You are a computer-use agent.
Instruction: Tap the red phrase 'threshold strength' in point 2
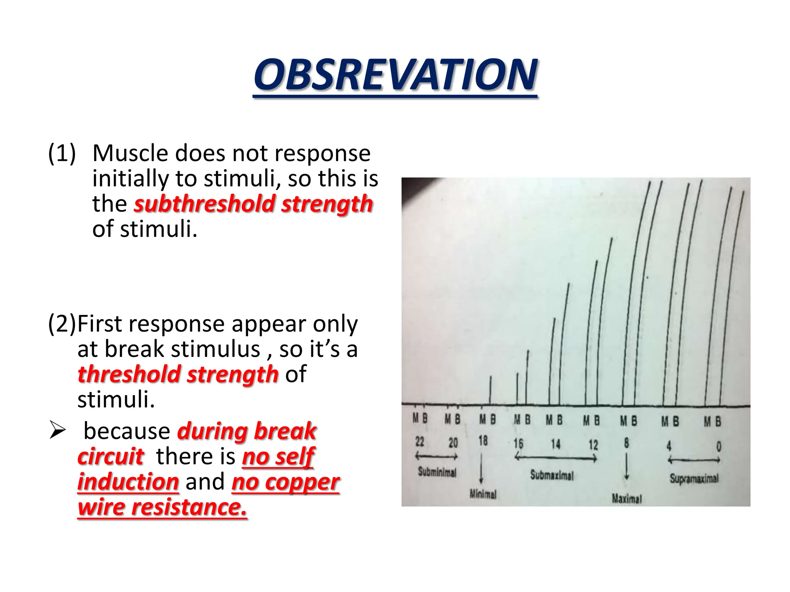178,374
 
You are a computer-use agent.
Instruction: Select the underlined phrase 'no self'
278,457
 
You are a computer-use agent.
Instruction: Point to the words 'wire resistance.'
162,507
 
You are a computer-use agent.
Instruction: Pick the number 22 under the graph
420,441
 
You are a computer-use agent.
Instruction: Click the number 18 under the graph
483,441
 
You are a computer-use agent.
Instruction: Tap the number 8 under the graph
626,443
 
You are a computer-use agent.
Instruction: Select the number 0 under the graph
719,446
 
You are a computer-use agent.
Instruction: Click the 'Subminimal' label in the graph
437,472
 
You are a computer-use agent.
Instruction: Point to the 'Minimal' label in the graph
483,494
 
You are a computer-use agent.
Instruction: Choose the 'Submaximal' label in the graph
552,475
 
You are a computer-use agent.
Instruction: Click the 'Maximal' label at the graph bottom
627,499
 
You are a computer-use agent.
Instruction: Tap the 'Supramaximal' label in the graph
694,479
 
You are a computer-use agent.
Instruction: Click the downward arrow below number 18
481,468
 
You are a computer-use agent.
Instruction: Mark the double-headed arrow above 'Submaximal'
556,458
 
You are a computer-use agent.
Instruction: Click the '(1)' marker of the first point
62,153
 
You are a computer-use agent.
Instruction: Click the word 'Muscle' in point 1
130,153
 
